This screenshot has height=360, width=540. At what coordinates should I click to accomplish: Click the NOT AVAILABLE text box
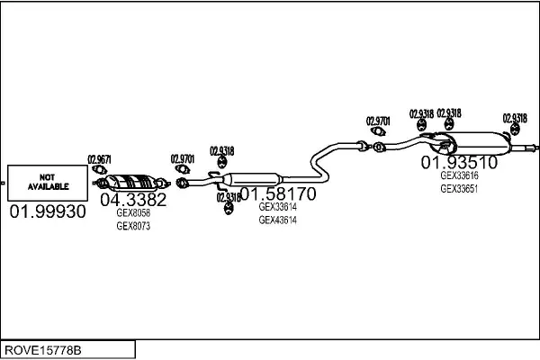pyautogui.click(x=49, y=183)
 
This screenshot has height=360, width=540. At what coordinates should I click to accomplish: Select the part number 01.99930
pyautogui.click(x=49, y=211)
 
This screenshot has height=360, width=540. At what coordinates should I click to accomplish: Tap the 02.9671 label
pyautogui.click(x=99, y=159)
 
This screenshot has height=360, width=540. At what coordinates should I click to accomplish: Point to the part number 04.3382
pyautogui.click(x=132, y=200)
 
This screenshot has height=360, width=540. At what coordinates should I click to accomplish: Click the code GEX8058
pyautogui.click(x=133, y=213)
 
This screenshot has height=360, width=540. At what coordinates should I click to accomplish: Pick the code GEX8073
pyautogui.click(x=133, y=226)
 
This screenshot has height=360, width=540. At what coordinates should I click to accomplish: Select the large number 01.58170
pyautogui.click(x=277, y=193)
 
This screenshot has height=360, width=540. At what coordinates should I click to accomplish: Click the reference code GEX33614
pyautogui.click(x=277, y=206)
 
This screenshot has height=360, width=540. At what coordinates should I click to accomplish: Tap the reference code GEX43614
pyautogui.click(x=277, y=220)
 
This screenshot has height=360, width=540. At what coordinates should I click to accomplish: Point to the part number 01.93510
pyautogui.click(x=459, y=163)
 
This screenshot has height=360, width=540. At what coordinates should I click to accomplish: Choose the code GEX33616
pyautogui.click(x=459, y=176)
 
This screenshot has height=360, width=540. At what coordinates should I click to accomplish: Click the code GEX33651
pyautogui.click(x=459, y=189)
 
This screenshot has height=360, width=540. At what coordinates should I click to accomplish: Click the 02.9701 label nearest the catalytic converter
pyautogui.click(x=183, y=158)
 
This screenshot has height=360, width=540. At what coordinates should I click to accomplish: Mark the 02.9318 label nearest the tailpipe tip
pyautogui.click(x=515, y=118)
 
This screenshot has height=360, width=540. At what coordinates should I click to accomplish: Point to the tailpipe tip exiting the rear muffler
pyautogui.click(x=532, y=146)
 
